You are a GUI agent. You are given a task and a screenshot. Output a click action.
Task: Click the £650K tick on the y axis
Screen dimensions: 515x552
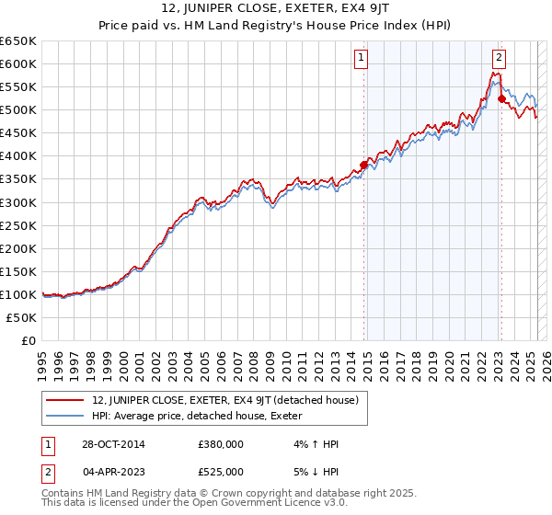[x=18, y=41]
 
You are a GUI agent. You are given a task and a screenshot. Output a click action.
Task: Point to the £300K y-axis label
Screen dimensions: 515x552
[x=18, y=202]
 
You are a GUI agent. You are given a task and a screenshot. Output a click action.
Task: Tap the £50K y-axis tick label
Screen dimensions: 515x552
[x=22, y=317]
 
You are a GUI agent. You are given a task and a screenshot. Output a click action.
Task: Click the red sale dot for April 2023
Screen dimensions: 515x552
[x=500, y=98]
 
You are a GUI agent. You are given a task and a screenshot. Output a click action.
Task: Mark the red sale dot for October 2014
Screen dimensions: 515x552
[x=363, y=166]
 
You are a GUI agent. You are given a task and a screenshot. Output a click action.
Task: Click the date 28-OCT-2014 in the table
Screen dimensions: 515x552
[x=106, y=444]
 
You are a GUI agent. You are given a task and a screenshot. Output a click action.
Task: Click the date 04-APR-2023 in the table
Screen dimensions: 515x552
[x=106, y=472]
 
